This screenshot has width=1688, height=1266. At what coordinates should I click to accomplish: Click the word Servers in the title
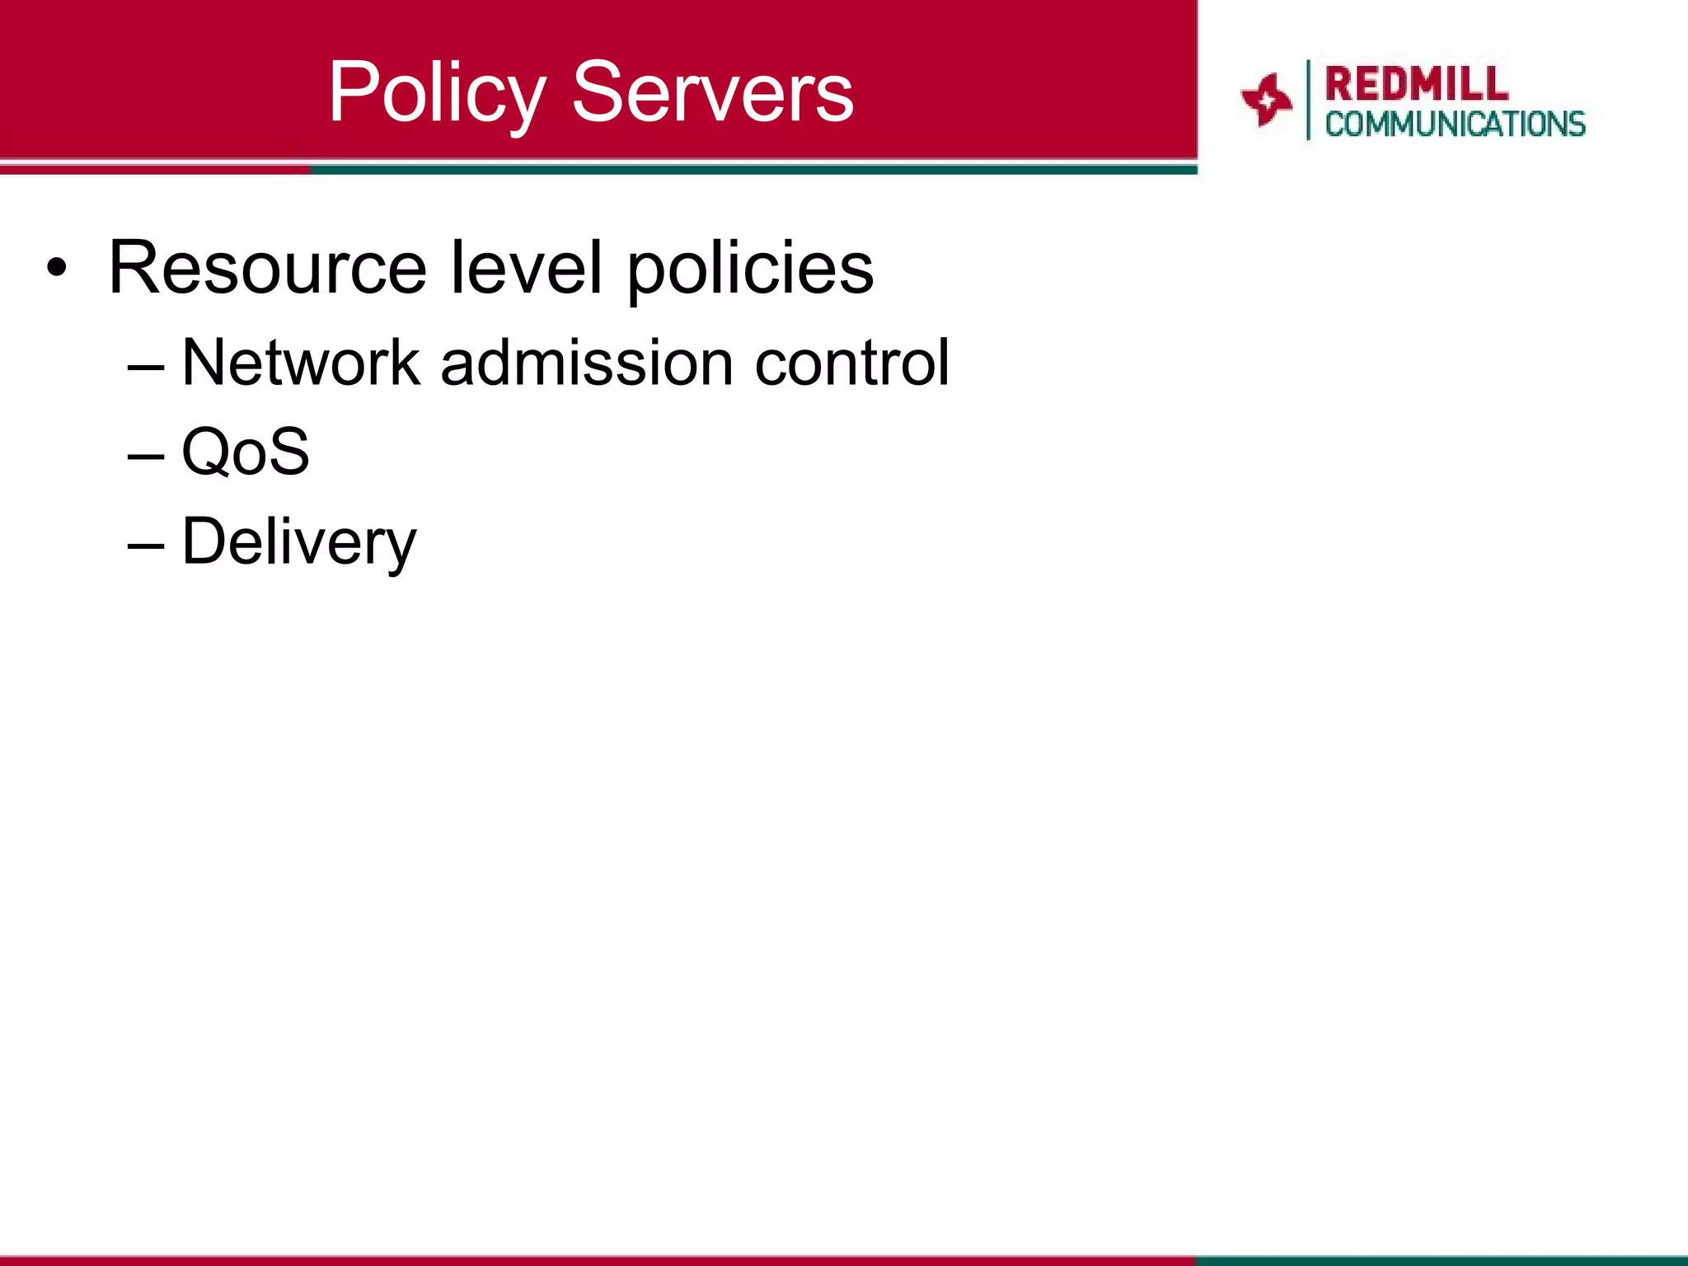pyautogui.click(x=713, y=92)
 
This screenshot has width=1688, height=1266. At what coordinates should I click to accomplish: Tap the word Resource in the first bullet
pyautogui.click(x=268, y=267)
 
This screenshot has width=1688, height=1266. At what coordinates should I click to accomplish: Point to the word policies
pyautogui.click(x=750, y=269)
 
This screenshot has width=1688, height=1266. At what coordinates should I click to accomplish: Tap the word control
pyautogui.click(x=851, y=362)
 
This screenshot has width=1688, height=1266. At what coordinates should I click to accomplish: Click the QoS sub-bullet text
pyautogui.click(x=246, y=452)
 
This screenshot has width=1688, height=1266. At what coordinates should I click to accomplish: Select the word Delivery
pyautogui.click(x=299, y=542)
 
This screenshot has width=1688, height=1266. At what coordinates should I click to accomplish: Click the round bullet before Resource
pyautogui.click(x=56, y=267)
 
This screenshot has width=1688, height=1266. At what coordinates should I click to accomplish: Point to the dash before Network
pyautogui.click(x=146, y=365)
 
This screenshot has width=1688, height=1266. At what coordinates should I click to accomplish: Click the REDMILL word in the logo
pyautogui.click(x=1416, y=84)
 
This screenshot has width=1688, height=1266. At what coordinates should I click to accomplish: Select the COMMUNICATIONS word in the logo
pyautogui.click(x=1455, y=124)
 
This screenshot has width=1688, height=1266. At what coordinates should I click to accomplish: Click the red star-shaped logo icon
pyautogui.click(x=1266, y=100)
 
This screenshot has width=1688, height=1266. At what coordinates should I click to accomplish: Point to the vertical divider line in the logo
pyautogui.click(x=1308, y=100)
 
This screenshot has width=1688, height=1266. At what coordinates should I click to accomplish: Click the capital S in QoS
pyautogui.click(x=288, y=452)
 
